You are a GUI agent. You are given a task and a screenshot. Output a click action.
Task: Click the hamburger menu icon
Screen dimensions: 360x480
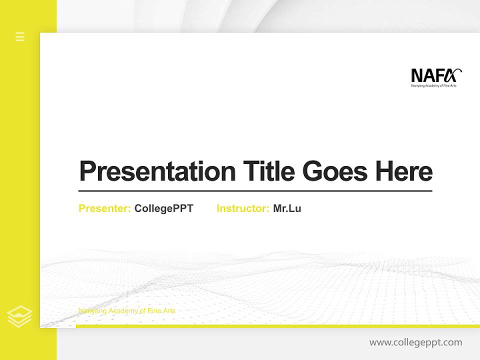tap(20, 36)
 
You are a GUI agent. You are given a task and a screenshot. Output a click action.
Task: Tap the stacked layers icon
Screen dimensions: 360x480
tap(19, 316)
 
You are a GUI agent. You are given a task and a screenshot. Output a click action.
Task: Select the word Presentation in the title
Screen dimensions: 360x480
tap(157, 171)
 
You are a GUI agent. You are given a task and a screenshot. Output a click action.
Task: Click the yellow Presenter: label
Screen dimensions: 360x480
tap(104, 208)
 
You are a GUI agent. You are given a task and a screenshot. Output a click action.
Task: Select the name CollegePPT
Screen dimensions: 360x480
tap(163, 208)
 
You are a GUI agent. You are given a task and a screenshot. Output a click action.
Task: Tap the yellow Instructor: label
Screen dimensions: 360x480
tap(242, 208)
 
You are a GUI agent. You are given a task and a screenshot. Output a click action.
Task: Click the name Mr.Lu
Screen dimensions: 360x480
tap(287, 208)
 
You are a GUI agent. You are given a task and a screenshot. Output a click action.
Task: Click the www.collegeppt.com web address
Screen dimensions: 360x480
tap(415, 342)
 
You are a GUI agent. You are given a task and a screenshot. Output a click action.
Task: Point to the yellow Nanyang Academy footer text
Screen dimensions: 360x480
tap(127, 311)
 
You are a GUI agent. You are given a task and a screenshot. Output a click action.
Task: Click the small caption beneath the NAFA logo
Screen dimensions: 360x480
tap(433, 86)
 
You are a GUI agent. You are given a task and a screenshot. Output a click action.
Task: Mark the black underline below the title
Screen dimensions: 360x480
tap(255, 191)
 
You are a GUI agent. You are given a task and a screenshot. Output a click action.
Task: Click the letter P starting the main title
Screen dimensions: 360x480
tap(87, 171)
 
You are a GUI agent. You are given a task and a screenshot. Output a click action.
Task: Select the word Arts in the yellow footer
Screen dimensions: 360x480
tap(169, 311)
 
